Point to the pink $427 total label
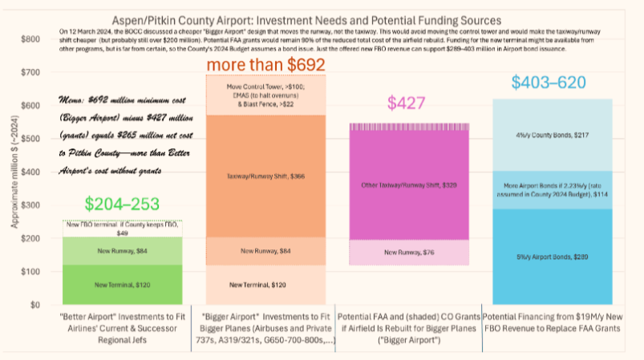[x=407, y=103]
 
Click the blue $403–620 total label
[x=549, y=83]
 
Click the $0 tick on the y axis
[x=34, y=305]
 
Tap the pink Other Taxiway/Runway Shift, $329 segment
[x=409, y=184]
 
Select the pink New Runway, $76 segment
[x=409, y=253]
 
